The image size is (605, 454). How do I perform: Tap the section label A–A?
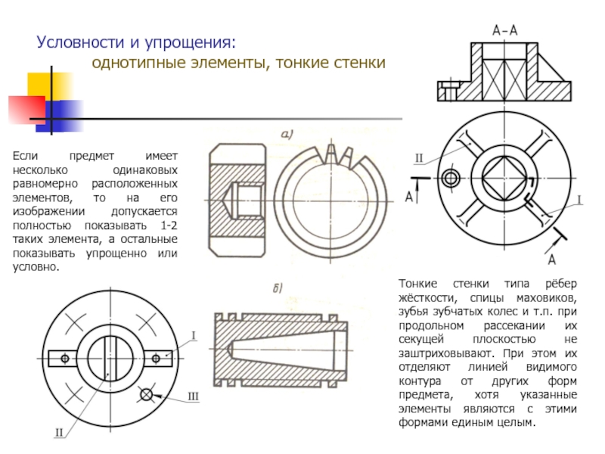click(504, 31)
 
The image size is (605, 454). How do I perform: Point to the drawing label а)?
click(287, 135)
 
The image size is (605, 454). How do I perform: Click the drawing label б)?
click(278, 288)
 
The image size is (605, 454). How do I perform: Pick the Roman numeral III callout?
click(193, 396)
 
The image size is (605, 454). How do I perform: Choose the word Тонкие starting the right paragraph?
click(419, 283)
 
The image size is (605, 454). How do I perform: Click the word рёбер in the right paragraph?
click(560, 283)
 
